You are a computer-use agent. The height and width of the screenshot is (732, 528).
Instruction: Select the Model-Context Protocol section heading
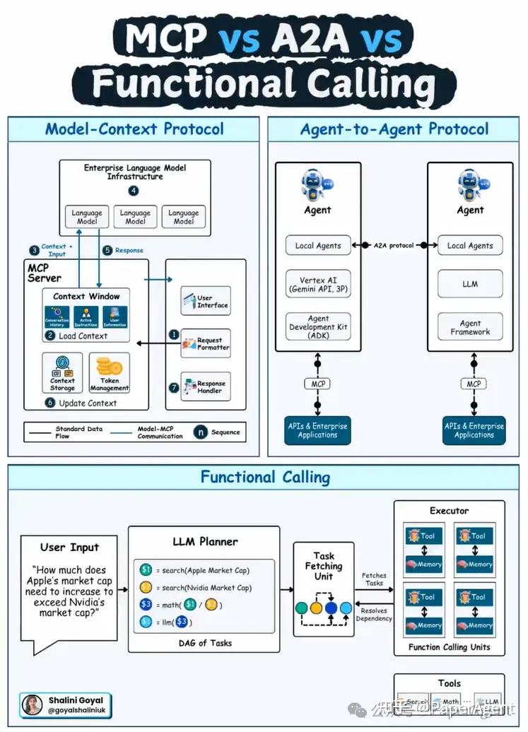134,129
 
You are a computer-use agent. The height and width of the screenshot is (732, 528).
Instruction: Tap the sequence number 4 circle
134,191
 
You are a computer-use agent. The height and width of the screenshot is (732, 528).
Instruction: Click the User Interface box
206,302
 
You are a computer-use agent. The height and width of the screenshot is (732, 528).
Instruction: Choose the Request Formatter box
206,344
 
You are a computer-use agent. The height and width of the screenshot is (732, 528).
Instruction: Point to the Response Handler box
206,386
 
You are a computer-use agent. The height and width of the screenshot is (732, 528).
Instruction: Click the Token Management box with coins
110,374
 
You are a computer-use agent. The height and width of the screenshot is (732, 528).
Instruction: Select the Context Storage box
62,374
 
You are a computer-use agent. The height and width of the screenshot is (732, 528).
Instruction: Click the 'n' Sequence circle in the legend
201,432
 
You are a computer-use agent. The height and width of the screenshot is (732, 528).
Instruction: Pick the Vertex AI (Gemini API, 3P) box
318,285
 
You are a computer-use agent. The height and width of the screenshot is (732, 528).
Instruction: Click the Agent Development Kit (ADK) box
318,327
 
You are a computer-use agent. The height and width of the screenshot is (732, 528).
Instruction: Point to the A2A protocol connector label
394,245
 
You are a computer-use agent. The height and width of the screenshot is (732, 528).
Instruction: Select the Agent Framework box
470,327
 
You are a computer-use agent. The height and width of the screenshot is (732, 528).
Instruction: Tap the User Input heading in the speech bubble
70,547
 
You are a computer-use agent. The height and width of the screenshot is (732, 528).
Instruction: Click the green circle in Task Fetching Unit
302,607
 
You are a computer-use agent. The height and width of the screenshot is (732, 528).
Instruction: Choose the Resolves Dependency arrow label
374,614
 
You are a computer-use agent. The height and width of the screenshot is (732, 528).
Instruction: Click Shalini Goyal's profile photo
32,704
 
